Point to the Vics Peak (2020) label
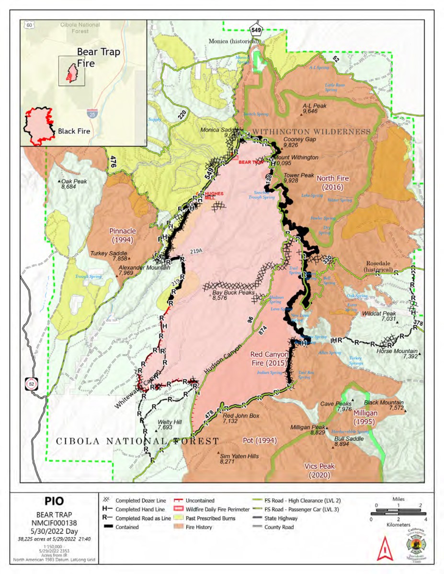coord(319,470)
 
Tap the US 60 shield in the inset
coord(30,24)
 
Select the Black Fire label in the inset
coord(74,131)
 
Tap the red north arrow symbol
coord(382,550)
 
